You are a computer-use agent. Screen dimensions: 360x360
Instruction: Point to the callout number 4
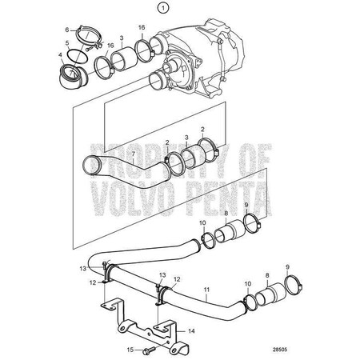62,57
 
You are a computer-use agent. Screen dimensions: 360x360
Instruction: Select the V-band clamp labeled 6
87,37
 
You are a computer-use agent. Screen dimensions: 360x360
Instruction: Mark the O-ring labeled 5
78,55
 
